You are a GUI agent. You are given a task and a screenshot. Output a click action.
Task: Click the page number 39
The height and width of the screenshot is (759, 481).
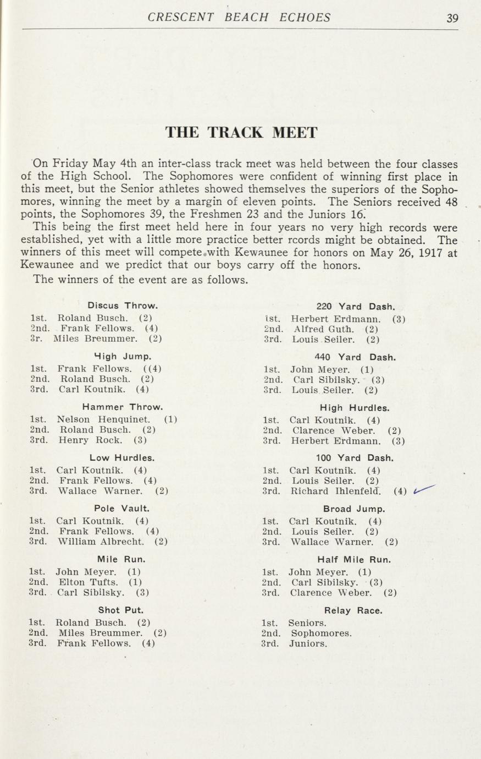[x=452, y=18]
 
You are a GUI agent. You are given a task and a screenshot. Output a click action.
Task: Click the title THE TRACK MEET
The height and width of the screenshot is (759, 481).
[x=241, y=133]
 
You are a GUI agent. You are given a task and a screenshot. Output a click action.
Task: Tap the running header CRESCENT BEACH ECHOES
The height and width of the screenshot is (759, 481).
[x=239, y=18]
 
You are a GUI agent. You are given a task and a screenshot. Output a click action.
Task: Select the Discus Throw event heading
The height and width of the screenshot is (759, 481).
[x=123, y=305]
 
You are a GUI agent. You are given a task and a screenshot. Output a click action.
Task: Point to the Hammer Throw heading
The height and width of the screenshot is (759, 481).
[x=122, y=407]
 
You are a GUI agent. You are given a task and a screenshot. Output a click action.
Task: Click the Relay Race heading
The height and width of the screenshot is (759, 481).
[x=353, y=610]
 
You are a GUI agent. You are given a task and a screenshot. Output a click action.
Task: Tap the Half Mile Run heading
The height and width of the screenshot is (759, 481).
[x=357, y=560]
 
